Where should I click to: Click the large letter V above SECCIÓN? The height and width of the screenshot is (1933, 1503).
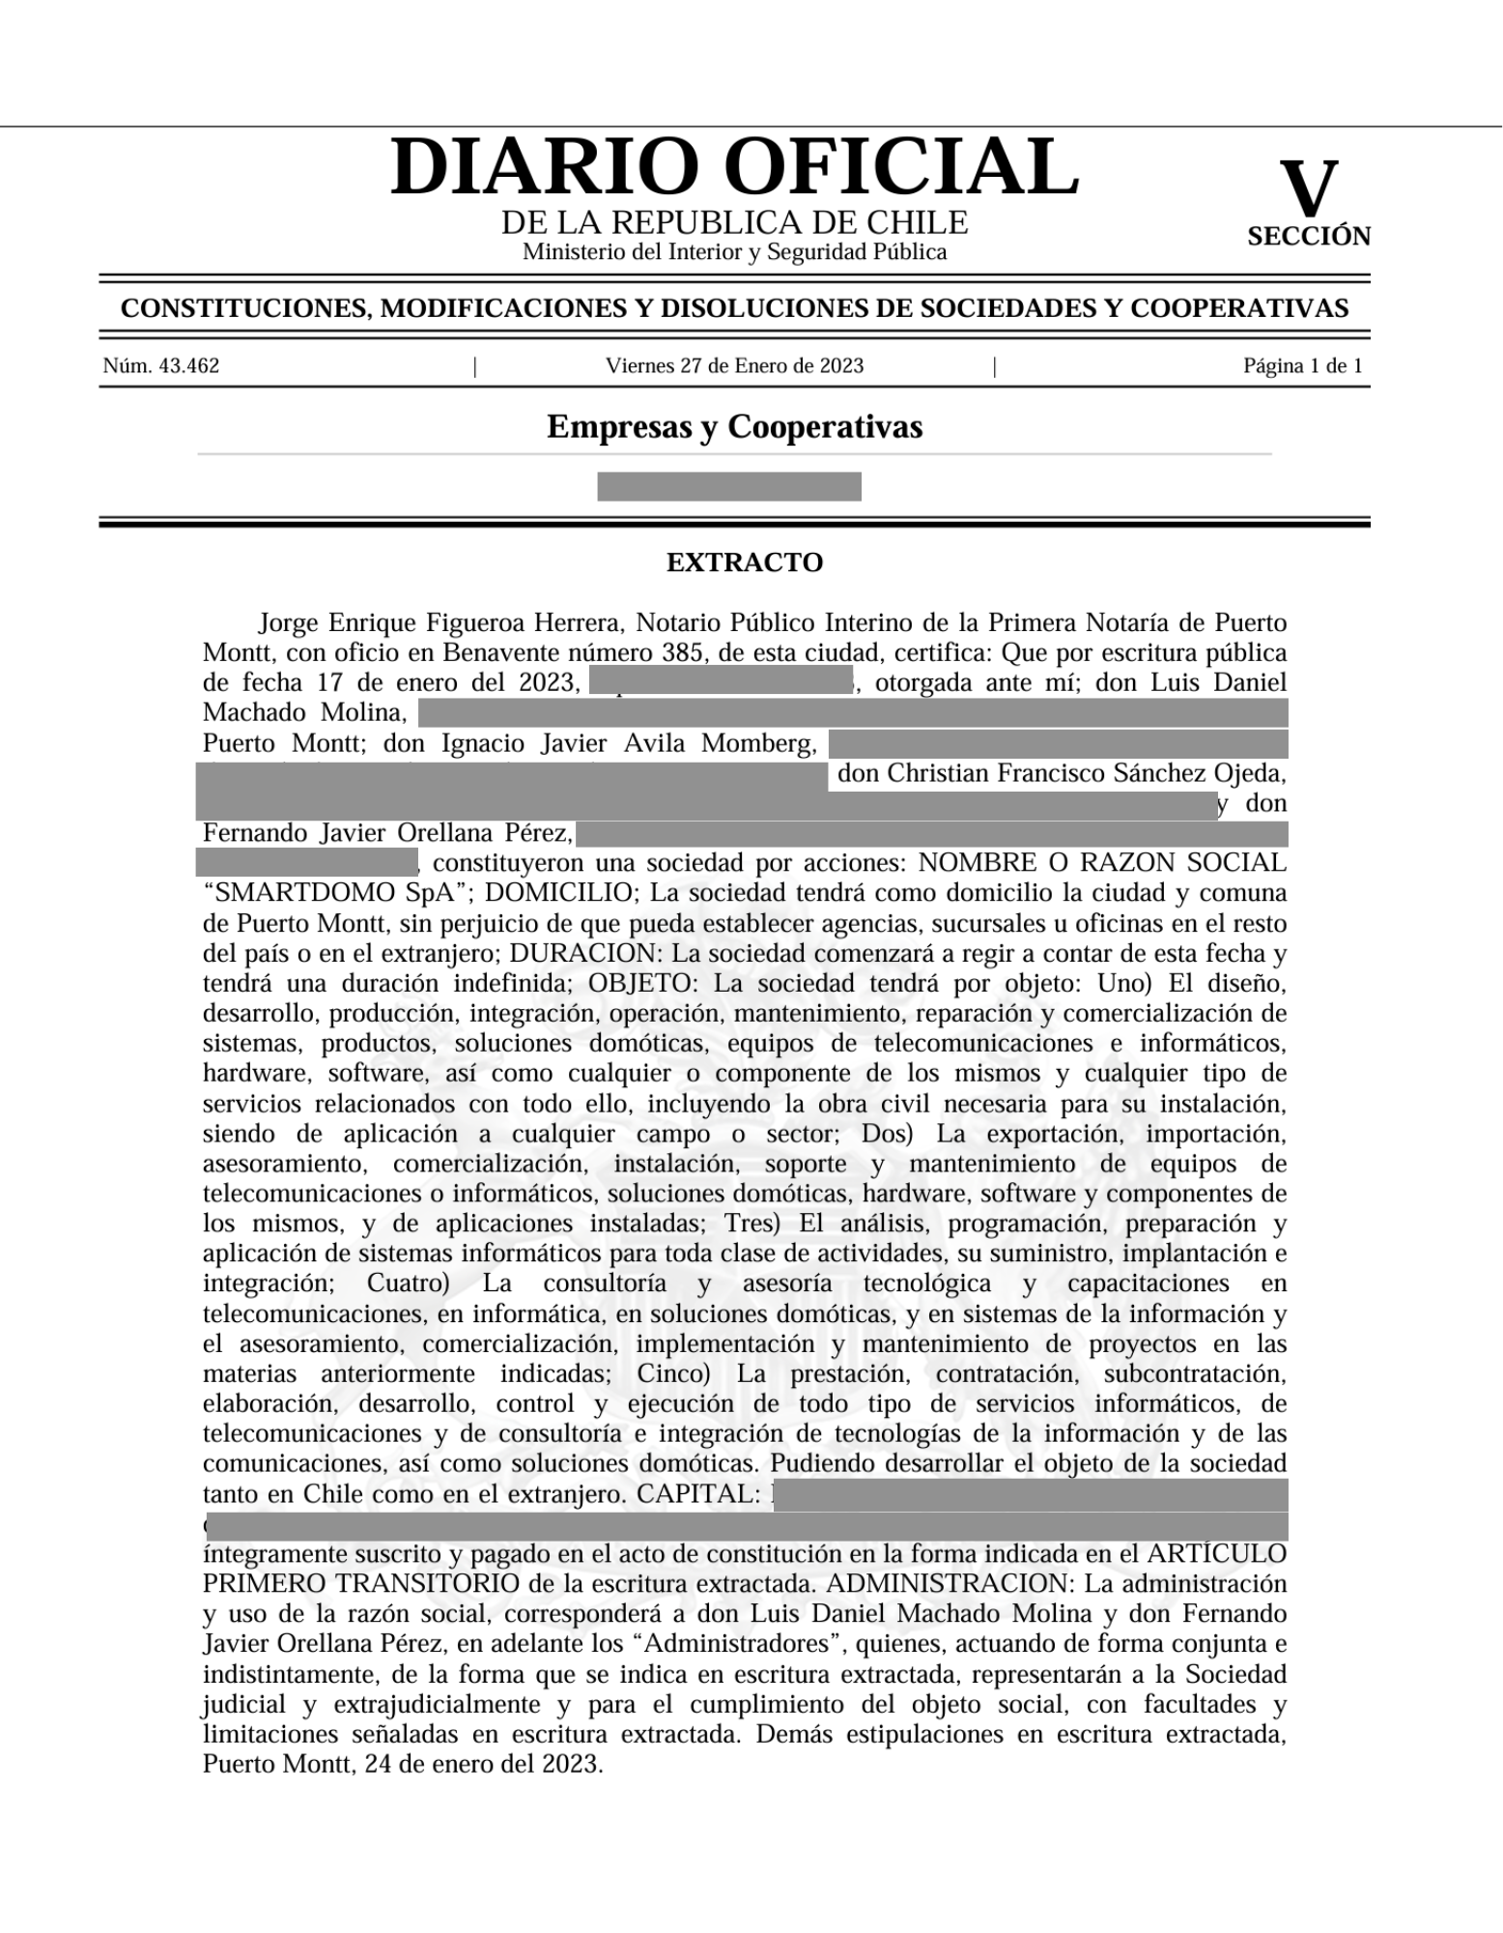tap(1308, 189)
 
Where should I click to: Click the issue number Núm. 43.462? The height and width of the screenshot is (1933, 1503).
tap(161, 366)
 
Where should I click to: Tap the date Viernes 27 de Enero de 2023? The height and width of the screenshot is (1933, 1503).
tap(734, 366)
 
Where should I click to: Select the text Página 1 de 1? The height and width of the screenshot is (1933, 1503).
tap(1302, 366)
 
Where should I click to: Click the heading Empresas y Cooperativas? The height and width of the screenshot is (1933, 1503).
tap(734, 426)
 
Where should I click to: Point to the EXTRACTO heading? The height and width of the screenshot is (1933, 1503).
tap(744, 563)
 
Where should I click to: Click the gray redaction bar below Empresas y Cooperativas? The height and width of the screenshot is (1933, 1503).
tap(728, 486)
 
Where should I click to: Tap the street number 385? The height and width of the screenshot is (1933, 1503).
tap(683, 652)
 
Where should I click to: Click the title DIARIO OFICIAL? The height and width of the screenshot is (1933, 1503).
tap(734, 166)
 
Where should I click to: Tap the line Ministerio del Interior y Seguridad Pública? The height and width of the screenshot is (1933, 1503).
tap(734, 252)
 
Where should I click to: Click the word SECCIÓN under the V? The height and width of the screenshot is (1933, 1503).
tap(1308, 237)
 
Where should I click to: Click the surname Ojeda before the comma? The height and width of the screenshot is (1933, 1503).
tap(1251, 773)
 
